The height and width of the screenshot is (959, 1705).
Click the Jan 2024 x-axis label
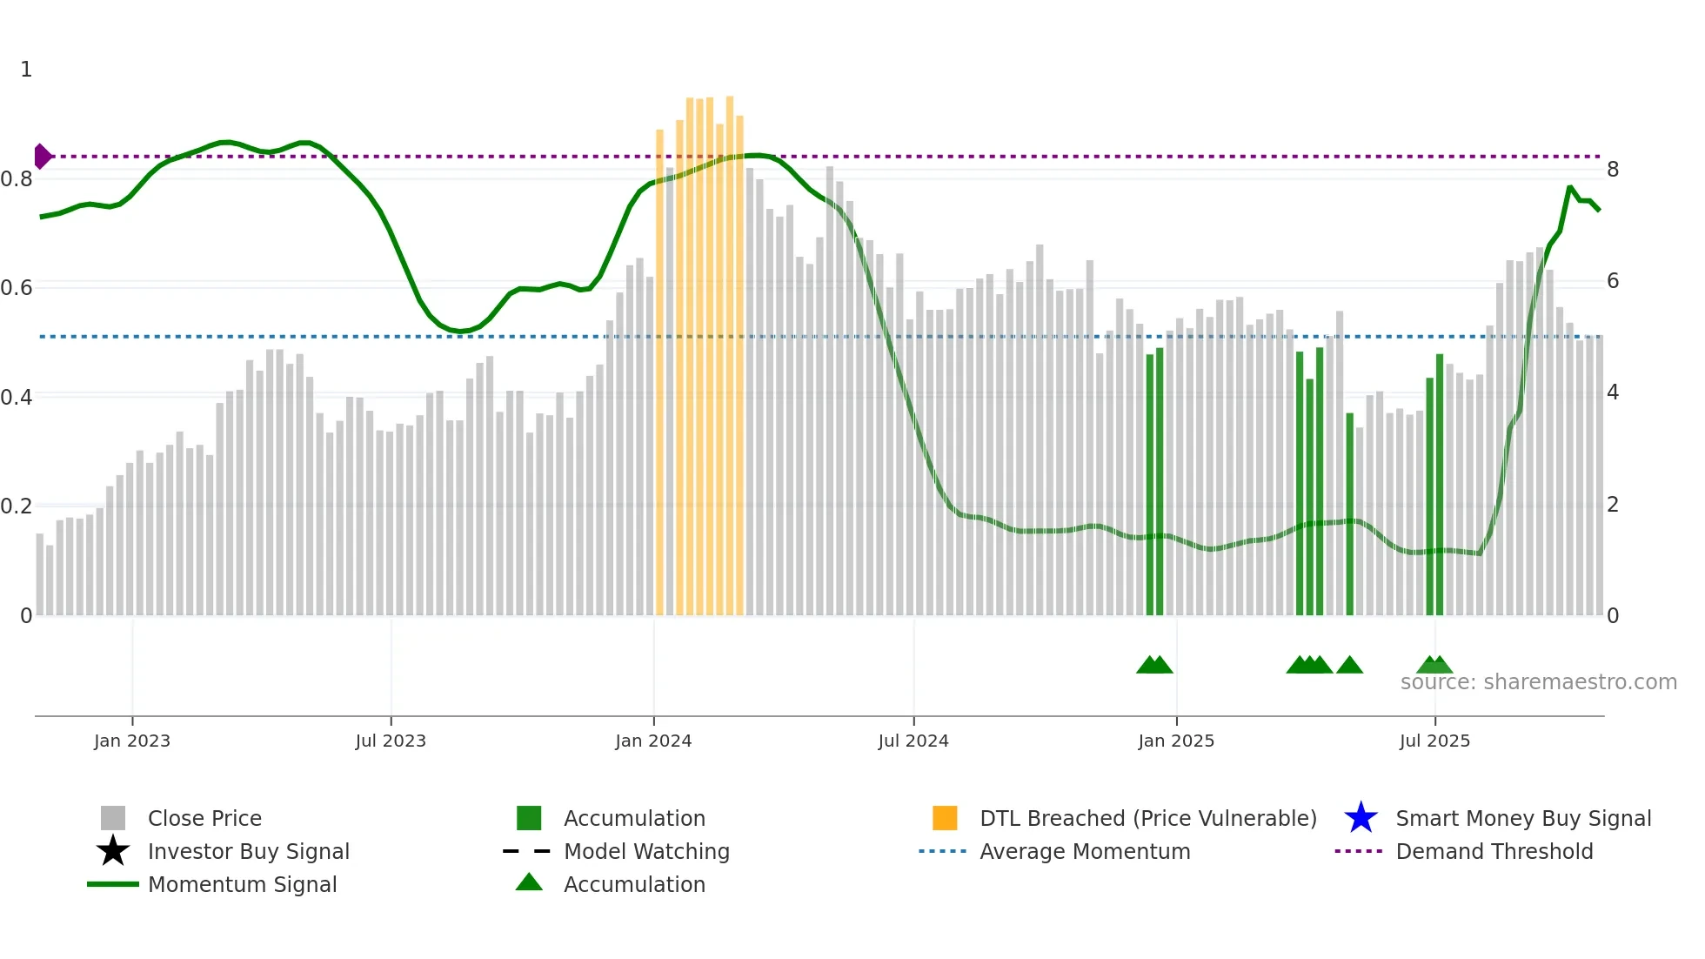click(653, 741)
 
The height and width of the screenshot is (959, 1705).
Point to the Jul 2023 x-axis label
click(391, 741)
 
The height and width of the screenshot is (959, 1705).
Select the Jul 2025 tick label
click(1434, 741)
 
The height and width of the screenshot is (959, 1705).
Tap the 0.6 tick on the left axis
click(17, 288)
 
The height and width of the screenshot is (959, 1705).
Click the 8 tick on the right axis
click(1613, 170)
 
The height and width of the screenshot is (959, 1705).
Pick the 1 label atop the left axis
click(26, 70)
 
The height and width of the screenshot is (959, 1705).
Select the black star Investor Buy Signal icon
click(113, 851)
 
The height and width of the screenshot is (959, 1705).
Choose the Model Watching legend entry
click(646, 852)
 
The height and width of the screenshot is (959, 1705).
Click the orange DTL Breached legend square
click(945, 818)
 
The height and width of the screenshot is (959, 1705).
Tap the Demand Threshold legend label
click(1494, 852)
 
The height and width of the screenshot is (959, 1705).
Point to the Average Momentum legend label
click(1085, 852)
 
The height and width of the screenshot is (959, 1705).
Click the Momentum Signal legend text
click(242, 885)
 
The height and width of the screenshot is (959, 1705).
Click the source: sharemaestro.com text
click(1538, 682)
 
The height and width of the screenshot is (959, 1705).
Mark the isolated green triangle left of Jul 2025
click(1349, 666)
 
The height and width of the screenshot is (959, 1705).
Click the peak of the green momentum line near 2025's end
click(1570, 188)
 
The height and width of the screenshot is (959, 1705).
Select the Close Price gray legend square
click(113, 818)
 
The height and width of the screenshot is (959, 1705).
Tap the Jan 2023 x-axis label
click(132, 741)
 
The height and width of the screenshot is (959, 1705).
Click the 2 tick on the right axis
click(1613, 505)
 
